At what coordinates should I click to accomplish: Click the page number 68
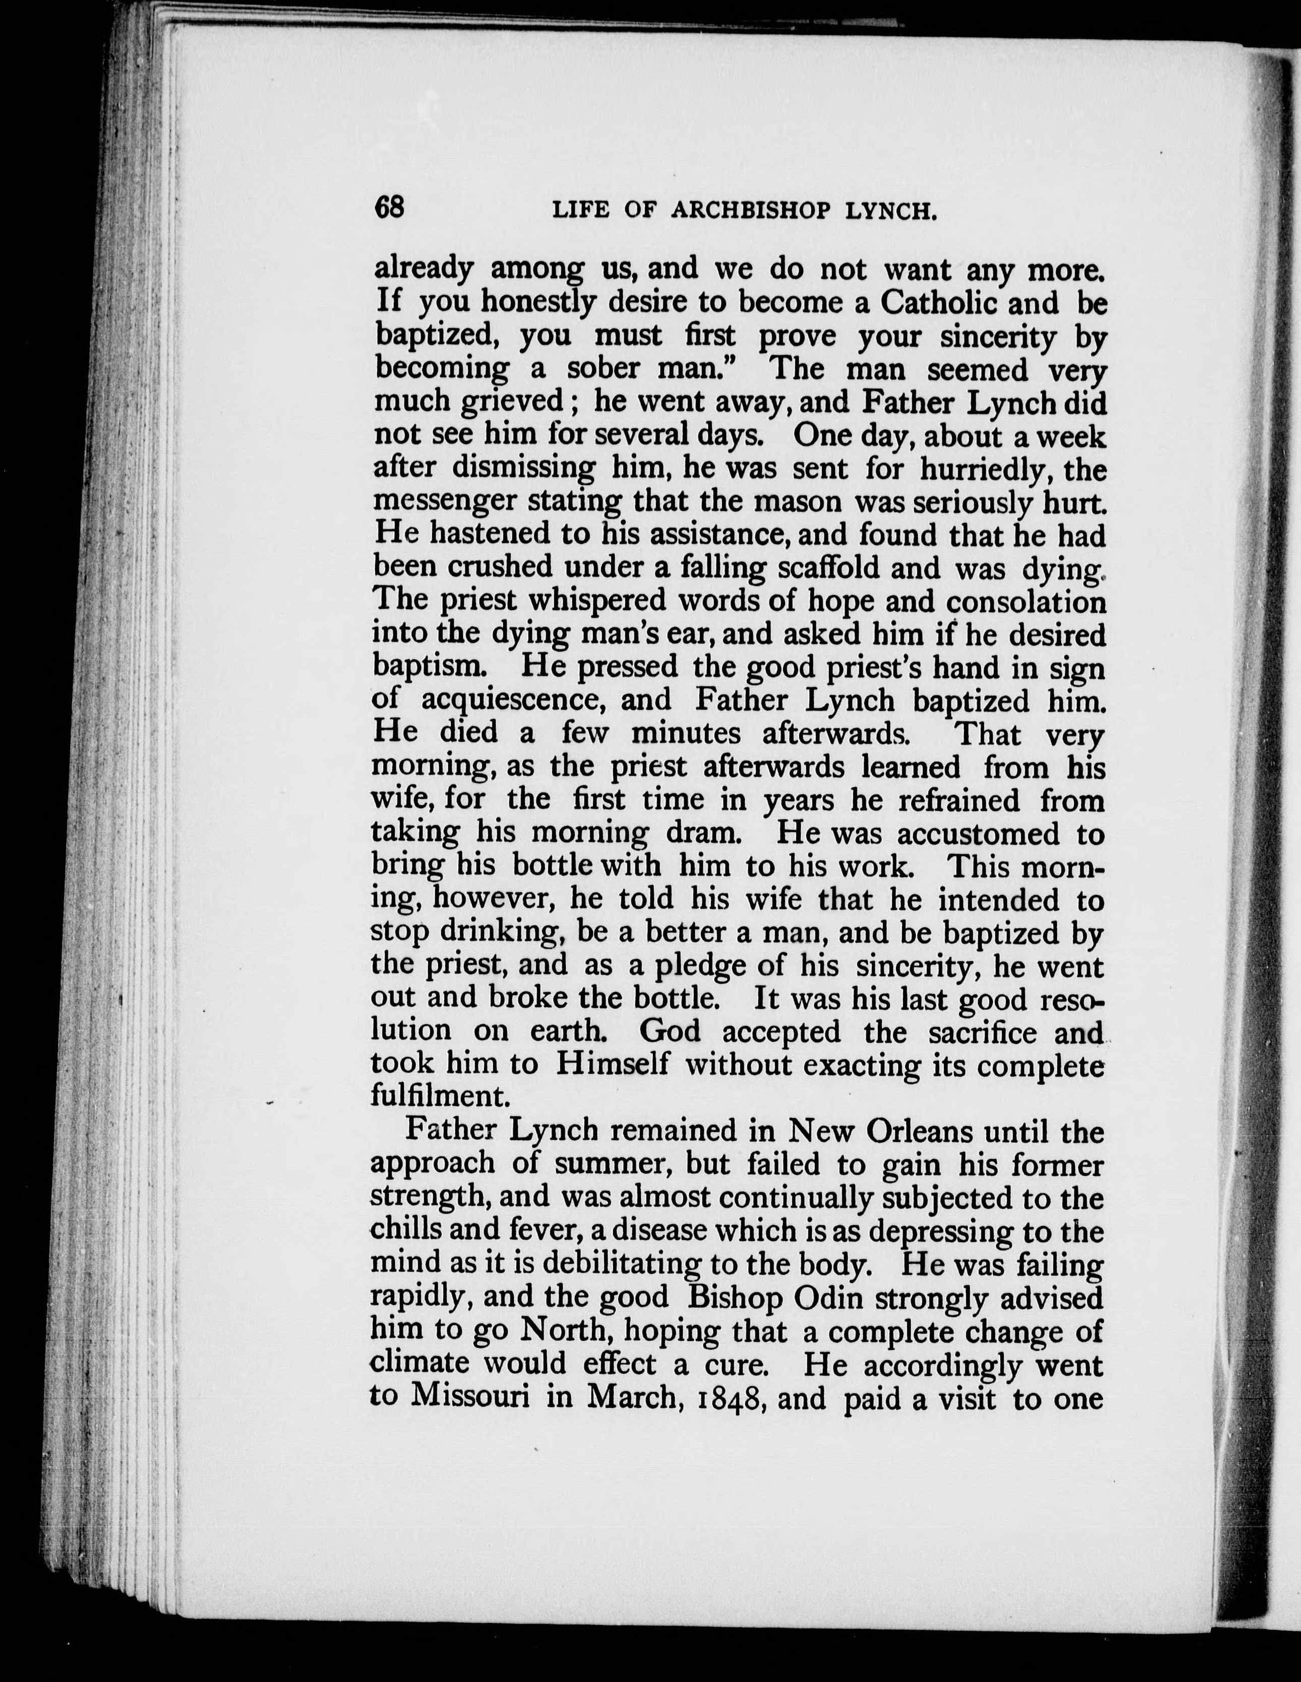click(x=389, y=207)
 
